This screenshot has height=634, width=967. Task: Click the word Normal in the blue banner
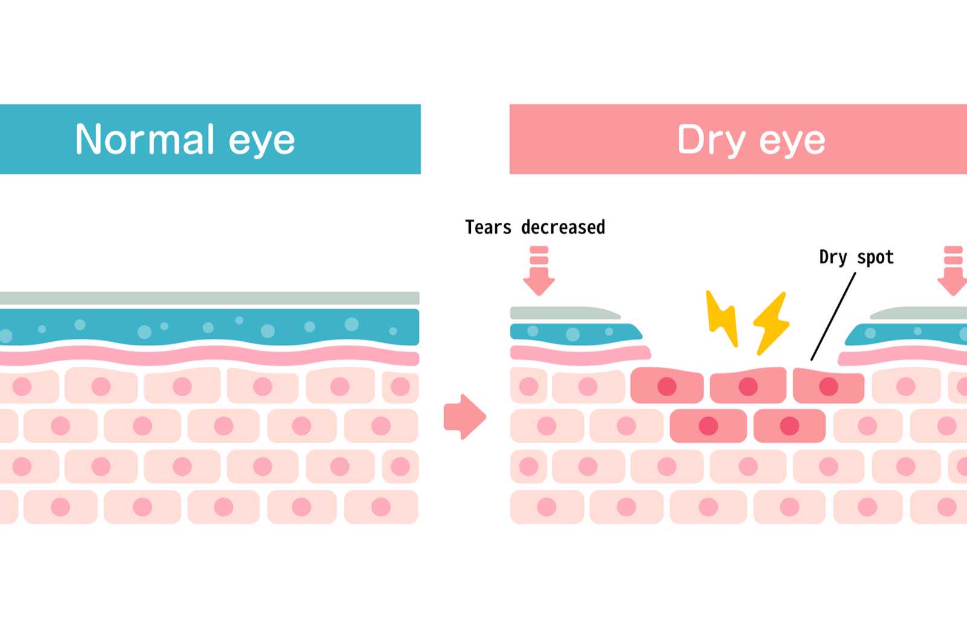(x=144, y=139)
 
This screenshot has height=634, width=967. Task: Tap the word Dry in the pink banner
(x=711, y=140)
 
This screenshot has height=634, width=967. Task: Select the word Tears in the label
(x=488, y=228)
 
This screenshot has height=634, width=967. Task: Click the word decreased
(x=563, y=228)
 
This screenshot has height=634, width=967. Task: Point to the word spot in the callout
(x=875, y=258)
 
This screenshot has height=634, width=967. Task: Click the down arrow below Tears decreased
(x=538, y=272)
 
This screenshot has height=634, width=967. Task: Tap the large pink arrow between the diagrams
(x=464, y=417)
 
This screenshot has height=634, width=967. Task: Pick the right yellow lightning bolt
(x=771, y=323)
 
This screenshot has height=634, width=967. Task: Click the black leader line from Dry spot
(x=833, y=317)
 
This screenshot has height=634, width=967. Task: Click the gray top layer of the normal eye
(x=209, y=298)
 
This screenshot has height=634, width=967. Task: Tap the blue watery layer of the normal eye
(x=209, y=327)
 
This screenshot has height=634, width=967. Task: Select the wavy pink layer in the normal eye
(x=209, y=356)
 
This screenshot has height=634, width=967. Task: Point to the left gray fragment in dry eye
(x=562, y=313)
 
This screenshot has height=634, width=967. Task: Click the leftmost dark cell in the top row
(x=667, y=386)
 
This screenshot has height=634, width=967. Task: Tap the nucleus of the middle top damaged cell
(x=748, y=386)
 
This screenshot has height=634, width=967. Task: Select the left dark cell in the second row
(x=708, y=426)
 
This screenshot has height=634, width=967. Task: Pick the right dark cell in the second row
(x=789, y=426)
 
